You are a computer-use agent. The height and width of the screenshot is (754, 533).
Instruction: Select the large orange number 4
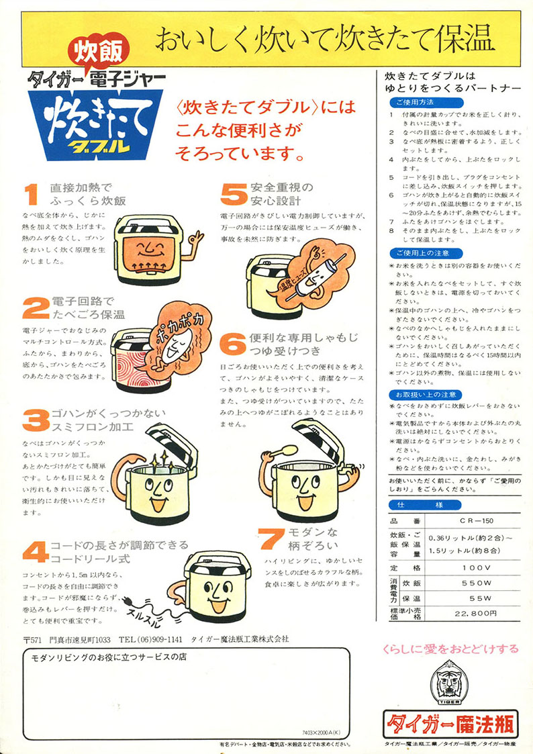pyautogui.click(x=34, y=551)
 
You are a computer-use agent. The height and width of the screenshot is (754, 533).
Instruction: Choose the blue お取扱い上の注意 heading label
pyautogui.click(x=426, y=394)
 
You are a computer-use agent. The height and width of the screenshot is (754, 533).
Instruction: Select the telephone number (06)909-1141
pyautogui.click(x=150, y=639)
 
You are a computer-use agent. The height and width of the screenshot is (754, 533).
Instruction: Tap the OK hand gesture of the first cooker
pyautogui.click(x=195, y=238)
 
